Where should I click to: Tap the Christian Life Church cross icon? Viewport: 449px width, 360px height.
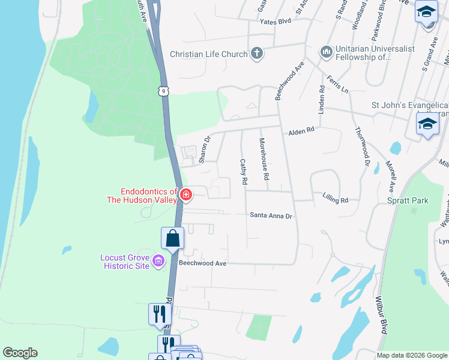(x=257, y=54)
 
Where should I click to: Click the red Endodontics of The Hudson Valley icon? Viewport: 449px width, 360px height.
(x=186, y=195)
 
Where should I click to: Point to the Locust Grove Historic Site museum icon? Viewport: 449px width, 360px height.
(x=158, y=260)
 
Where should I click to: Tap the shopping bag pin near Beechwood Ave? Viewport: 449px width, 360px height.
(x=173, y=238)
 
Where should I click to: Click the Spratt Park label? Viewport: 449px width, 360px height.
(x=408, y=200)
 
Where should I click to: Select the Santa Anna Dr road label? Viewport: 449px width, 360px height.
(x=271, y=216)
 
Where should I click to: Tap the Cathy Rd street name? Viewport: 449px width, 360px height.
(x=244, y=172)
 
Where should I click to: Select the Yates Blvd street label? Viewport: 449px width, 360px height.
(x=275, y=21)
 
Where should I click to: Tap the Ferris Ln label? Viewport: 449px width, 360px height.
(x=337, y=84)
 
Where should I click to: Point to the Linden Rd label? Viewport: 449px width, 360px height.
(x=322, y=100)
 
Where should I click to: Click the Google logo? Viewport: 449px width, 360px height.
(x=20, y=353)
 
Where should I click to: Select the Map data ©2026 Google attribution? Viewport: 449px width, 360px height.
(x=411, y=355)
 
